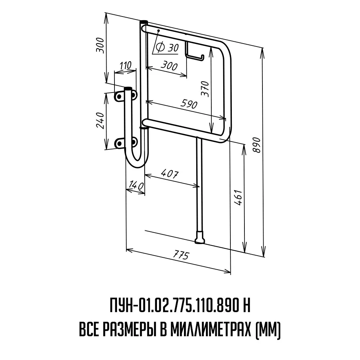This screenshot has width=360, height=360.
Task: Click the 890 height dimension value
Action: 257,145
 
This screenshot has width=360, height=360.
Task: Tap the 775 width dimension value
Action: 181,255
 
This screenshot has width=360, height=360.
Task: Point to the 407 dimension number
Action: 170,174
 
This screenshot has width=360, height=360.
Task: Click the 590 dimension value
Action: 189,104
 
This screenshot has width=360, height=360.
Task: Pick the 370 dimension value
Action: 205,89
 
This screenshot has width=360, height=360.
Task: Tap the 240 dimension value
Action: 100,120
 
